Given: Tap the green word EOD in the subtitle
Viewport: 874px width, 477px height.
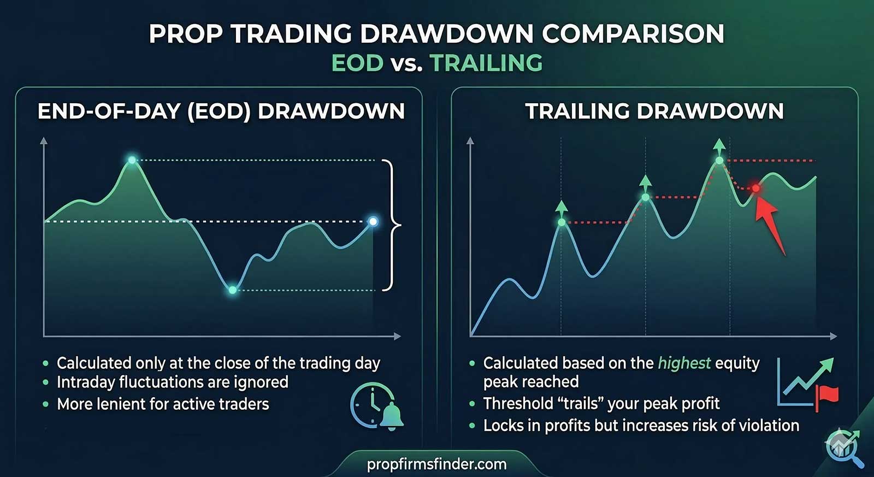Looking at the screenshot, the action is point(357,62).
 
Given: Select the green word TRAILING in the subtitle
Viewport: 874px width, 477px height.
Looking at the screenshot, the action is point(487,62).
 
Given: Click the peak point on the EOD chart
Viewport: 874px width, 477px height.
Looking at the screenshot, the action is point(132,160).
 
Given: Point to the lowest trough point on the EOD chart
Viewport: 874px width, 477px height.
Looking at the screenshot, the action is point(233,290).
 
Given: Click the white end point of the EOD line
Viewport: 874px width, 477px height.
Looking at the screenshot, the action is point(373,222).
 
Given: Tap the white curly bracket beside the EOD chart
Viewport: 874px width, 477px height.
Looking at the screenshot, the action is point(392,225).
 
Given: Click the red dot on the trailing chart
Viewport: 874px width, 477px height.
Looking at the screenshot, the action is point(756,188).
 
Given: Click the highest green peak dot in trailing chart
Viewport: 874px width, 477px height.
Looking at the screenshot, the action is point(719,161).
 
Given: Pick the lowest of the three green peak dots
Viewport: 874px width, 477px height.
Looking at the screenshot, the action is point(562,222).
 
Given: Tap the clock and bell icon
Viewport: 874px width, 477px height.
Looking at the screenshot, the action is point(377,407).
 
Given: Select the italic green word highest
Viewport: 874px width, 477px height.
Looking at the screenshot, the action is point(684,363).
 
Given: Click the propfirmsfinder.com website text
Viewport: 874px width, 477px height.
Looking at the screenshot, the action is point(436,464).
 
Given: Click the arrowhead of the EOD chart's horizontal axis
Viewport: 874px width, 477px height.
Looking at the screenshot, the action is point(397,336).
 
